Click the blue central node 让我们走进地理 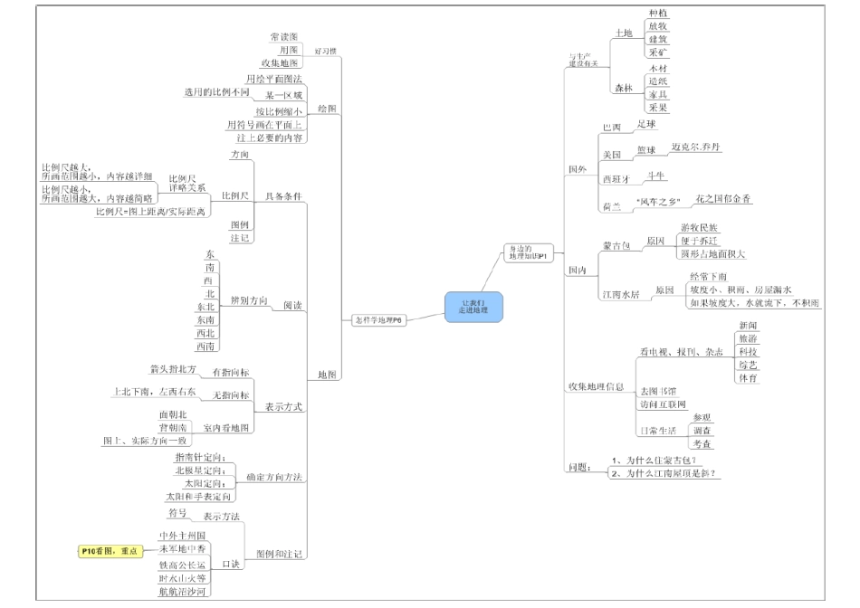click(x=473, y=306)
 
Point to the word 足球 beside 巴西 click(x=646, y=122)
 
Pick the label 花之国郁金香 click(x=723, y=197)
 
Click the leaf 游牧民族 click(x=702, y=227)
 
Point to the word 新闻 click(x=749, y=324)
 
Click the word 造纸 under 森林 click(x=658, y=81)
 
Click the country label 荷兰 click(x=613, y=207)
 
